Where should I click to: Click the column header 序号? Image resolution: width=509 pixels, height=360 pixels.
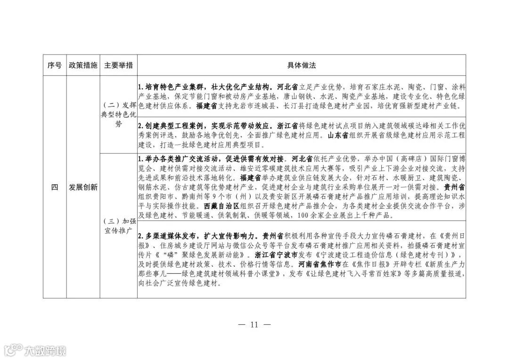pos(55,65)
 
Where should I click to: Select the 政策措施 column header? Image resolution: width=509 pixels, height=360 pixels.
pos(82,65)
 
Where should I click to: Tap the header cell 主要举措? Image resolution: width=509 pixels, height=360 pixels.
pos(118,65)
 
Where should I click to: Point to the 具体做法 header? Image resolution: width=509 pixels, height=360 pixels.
pos(301,65)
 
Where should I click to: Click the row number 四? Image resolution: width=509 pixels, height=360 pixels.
pos(55,188)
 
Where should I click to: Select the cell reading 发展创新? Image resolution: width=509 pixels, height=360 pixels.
pos(82,188)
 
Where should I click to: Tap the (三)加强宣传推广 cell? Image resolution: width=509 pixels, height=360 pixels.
pos(118,226)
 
